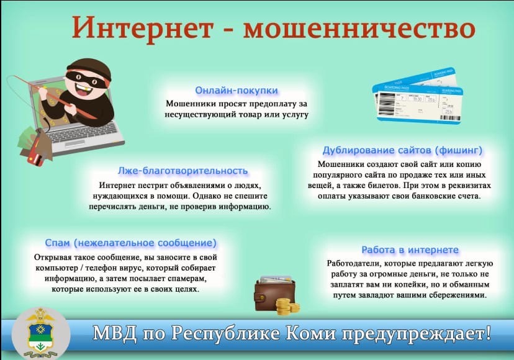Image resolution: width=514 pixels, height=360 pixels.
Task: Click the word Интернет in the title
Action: [143, 27]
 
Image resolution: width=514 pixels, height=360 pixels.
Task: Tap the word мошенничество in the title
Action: [359, 28]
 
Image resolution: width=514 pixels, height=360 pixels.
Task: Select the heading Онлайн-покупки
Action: [237, 90]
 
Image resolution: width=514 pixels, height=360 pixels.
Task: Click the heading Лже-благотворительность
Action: [183, 171]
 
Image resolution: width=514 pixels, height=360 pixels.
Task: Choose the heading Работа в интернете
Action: [410, 250]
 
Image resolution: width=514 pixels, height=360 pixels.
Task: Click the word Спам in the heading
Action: [57, 243]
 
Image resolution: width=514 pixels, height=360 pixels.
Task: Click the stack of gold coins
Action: [287, 306]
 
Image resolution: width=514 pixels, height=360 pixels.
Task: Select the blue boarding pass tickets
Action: [418, 95]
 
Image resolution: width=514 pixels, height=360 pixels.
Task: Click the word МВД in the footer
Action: [115, 333]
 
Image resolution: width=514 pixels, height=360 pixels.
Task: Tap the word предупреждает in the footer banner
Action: [413, 334]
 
